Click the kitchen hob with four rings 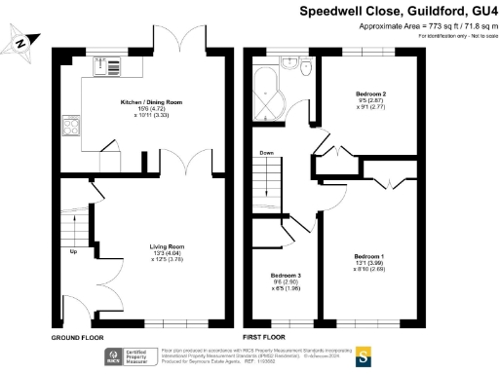(71, 128)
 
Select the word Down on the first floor (266, 153)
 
